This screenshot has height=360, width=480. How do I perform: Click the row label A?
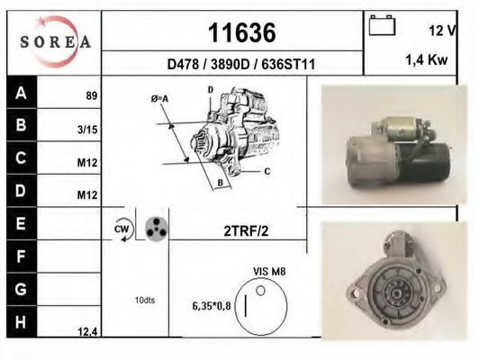[23, 93]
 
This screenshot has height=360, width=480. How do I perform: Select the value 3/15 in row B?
[88, 130]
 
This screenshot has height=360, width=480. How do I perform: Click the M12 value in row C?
[87, 163]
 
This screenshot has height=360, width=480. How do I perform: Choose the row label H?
[23, 322]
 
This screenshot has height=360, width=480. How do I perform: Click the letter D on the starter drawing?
[210, 90]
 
